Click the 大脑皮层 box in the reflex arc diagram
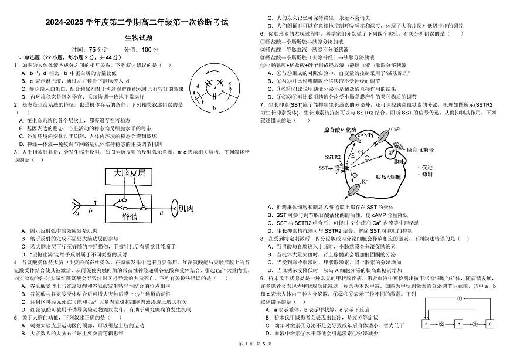pos(129,175)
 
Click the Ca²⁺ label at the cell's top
pos(395,128)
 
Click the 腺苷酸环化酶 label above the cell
pos(339,130)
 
